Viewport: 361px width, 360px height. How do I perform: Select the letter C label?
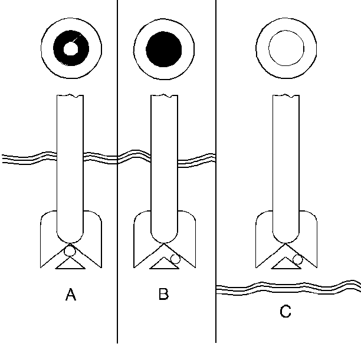(x=285, y=311)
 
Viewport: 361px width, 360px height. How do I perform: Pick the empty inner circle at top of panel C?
(x=286, y=47)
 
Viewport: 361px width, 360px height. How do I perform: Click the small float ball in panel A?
(x=70, y=251)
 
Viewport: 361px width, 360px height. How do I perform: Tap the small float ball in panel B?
(x=175, y=259)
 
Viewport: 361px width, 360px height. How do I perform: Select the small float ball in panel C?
(x=298, y=259)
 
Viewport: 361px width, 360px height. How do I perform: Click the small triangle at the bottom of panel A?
(x=70, y=264)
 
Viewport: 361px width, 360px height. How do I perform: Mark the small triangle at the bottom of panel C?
(x=286, y=264)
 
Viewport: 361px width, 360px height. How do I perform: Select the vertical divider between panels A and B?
(x=117, y=88)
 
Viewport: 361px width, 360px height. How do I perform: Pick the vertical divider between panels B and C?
(x=216, y=88)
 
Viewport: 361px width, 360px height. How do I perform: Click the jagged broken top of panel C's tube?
(x=286, y=95)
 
